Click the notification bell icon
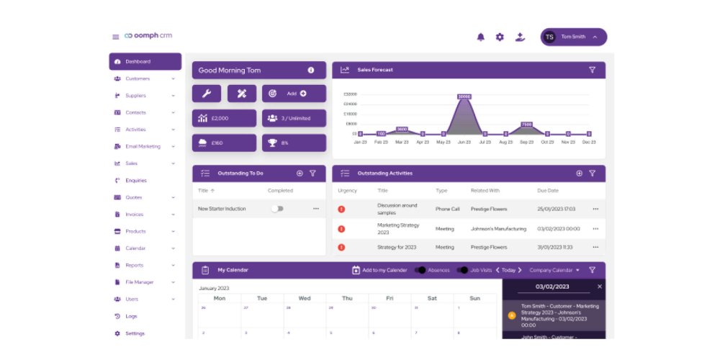tap(481, 37)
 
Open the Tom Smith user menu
tap(574, 37)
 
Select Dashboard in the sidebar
tap(145, 62)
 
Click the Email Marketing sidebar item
tap(143, 146)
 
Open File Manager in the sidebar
tap(139, 282)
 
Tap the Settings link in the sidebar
tap(135, 333)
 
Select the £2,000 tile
tap(224, 118)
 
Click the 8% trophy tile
tap(294, 143)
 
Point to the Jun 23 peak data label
tap(464, 96)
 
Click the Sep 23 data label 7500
tap(526, 125)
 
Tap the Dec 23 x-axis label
tap(589, 143)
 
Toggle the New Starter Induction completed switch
tap(277, 209)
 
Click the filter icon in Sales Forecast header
tap(592, 70)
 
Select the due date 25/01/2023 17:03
tap(557, 209)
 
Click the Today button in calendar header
tap(508, 270)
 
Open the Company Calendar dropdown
tap(554, 270)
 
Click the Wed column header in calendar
tap(305, 298)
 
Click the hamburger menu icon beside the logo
tap(115, 37)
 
